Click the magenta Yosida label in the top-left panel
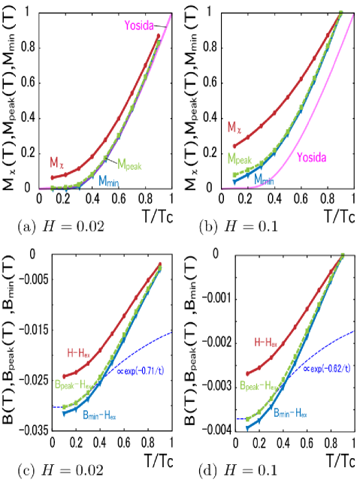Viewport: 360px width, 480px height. pos(139,26)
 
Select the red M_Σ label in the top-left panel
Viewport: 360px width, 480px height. pos(57,162)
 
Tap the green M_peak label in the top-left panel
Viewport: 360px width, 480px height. pos(129,164)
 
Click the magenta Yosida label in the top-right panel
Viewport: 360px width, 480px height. pos(310,157)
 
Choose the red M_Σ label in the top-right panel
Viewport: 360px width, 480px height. pos(235,127)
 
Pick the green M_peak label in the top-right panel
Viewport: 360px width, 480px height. pos(240,159)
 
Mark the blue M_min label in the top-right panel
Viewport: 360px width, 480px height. pos(264,180)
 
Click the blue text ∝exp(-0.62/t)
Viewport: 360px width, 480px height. pos(327,367)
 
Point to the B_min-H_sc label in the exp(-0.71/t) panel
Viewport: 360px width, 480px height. pos(99,414)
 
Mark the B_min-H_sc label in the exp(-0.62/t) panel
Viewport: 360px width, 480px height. pos(290,413)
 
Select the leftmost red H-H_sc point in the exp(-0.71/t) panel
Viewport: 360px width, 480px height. pos(64,376)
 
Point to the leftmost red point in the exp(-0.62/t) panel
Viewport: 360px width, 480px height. pos(247,373)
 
